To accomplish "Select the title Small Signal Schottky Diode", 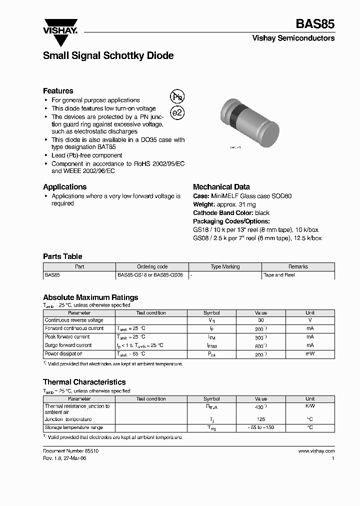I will pyautogui.click(x=108, y=56).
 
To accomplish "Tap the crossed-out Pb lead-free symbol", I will pyautogui.click(x=177, y=97).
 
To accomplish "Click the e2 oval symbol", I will pyautogui.click(x=177, y=112).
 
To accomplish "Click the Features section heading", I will pyautogui.click(x=58, y=91).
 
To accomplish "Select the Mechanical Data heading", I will pyautogui.click(x=221, y=187).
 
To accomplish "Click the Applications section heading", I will pyautogui.click(x=64, y=187).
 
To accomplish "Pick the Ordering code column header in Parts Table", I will pyautogui.click(x=152, y=267).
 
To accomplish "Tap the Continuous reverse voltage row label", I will pyautogui.click(x=74, y=320).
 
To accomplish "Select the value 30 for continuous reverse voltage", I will pyautogui.click(x=260, y=320).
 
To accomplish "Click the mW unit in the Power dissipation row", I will pyautogui.click(x=310, y=354).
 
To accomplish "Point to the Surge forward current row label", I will pyautogui.click(x=68, y=345).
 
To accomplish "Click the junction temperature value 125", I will pyautogui.click(x=260, y=419).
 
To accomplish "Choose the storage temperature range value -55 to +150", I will pyautogui.click(x=260, y=427).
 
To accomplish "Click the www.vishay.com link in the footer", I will pyautogui.click(x=316, y=450).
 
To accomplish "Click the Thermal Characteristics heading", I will pyautogui.click(x=84, y=382).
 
